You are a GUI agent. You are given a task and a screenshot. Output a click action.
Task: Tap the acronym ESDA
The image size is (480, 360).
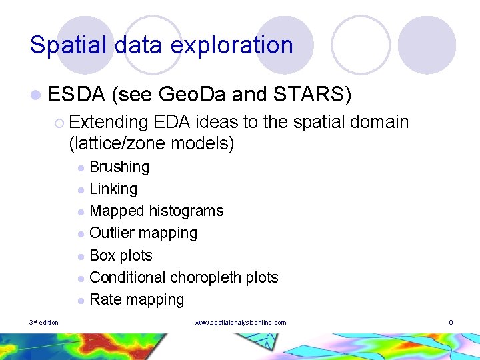click(77, 95)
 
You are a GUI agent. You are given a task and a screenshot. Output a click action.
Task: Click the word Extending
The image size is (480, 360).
click(108, 122)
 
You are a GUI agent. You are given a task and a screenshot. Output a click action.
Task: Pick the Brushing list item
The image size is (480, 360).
click(119, 167)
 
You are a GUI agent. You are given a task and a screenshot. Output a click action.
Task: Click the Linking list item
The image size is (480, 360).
click(113, 189)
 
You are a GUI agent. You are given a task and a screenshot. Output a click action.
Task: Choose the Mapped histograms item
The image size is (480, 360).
click(156, 211)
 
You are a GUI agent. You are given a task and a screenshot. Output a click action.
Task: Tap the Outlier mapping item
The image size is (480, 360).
click(143, 233)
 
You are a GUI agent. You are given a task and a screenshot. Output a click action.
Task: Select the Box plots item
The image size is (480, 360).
click(121, 255)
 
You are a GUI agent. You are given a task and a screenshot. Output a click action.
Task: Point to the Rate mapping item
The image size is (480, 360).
click(137, 299)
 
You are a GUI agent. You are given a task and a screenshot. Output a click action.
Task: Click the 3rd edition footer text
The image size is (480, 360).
click(43, 323)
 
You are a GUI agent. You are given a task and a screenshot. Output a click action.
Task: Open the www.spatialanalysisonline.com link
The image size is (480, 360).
click(240, 323)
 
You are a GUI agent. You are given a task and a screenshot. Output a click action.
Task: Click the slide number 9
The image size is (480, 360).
click(451, 323)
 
